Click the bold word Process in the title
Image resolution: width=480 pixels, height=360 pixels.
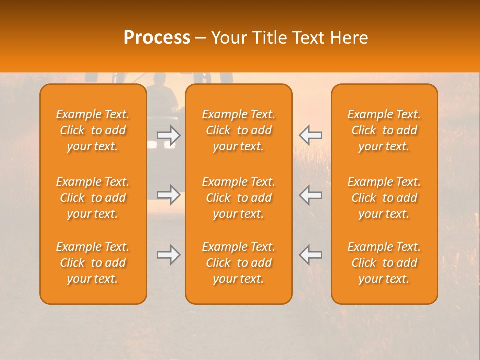pyautogui.click(x=157, y=38)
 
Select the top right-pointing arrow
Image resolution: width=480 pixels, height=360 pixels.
pyautogui.click(x=168, y=135)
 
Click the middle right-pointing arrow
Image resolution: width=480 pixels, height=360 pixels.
pyautogui.click(x=168, y=195)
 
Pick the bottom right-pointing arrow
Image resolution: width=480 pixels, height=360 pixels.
pyautogui.click(x=168, y=255)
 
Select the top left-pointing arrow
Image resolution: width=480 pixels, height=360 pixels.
pyautogui.click(x=311, y=135)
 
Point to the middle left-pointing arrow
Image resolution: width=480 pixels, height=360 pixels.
pyautogui.click(x=311, y=195)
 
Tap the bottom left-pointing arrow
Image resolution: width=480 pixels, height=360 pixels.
pyautogui.click(x=311, y=255)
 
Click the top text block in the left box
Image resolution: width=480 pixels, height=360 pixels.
pyautogui.click(x=93, y=130)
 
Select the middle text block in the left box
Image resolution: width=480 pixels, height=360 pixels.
pyautogui.click(x=93, y=198)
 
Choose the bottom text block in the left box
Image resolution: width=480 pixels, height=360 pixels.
pyautogui.click(x=93, y=263)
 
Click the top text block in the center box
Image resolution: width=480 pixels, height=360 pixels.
pyautogui.click(x=238, y=130)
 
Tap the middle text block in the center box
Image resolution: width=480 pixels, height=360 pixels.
pyautogui.click(x=238, y=198)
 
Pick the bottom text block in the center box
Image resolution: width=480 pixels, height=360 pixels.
pyautogui.click(x=238, y=263)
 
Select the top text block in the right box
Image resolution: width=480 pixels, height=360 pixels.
pyautogui.click(x=384, y=130)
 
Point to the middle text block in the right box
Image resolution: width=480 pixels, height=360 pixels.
pyautogui.click(x=384, y=198)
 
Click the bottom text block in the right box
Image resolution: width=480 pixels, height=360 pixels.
pyautogui.click(x=384, y=263)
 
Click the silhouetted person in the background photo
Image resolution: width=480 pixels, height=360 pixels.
pyautogui.click(x=161, y=90)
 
